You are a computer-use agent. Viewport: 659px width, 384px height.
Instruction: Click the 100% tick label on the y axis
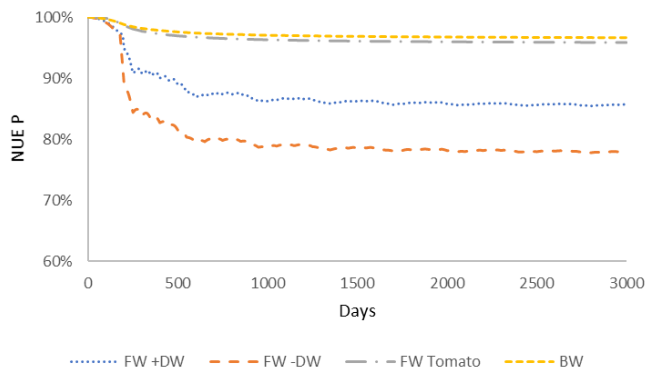pos(54,18)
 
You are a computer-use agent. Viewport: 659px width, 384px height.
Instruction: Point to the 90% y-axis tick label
pos(57,78)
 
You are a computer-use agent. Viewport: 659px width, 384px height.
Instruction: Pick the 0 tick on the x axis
pos(88,283)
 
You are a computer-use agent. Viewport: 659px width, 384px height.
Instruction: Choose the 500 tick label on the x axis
pos(178,283)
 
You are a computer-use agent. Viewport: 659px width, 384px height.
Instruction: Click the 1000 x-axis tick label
pos(268,283)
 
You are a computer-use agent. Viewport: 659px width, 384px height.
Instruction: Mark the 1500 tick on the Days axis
pos(357,283)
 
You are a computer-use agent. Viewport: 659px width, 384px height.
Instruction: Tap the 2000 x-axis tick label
pos(447,283)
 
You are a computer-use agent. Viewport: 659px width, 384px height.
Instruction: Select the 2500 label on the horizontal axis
pos(537,283)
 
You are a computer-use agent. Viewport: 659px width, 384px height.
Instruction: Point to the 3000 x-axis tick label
pos(627,283)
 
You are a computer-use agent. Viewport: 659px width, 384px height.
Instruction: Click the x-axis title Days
pos(357,311)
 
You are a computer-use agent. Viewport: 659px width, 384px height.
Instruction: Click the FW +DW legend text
pos(154,361)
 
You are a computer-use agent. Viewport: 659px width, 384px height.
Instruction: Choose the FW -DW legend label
pos(292,361)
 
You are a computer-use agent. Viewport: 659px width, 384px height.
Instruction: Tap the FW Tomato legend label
pos(440,361)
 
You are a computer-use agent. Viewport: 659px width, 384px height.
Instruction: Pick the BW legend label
pos(571,361)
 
